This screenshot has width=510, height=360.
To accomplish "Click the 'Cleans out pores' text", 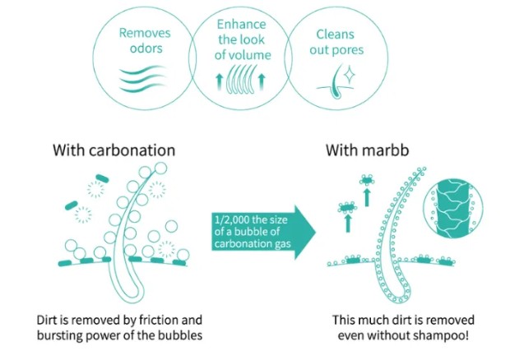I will [340, 42].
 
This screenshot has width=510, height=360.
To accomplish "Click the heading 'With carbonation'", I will [114, 150].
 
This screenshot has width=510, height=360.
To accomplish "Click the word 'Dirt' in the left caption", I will [48, 319].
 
